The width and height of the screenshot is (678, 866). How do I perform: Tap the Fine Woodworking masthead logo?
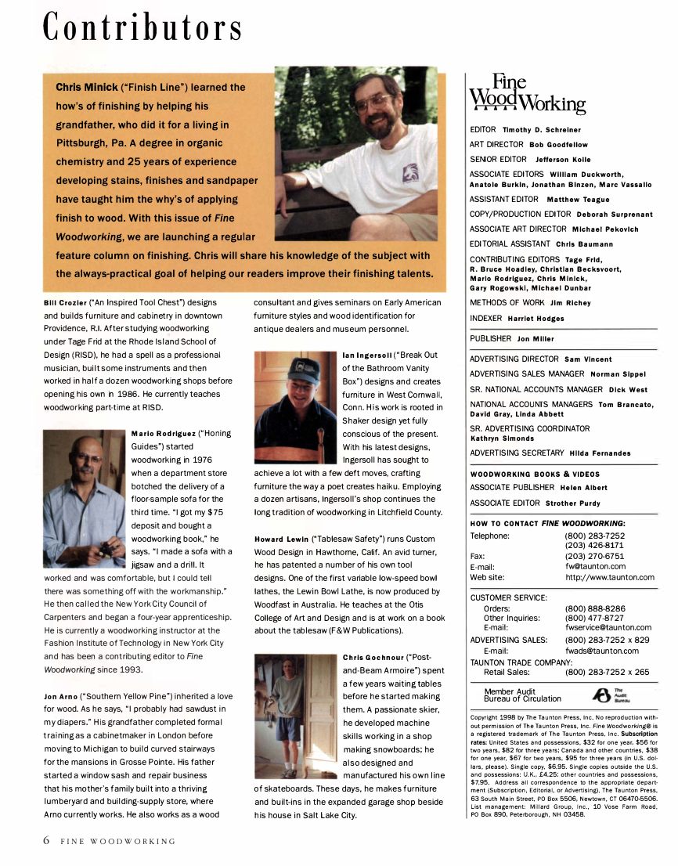(526, 95)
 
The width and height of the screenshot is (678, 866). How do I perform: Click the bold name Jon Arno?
(60, 696)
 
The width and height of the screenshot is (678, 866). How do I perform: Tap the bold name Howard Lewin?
(279, 539)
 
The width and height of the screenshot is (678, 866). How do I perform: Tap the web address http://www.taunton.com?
(610, 577)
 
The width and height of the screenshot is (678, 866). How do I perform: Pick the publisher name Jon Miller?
(535, 339)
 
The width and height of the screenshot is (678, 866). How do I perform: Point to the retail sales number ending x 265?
(607, 672)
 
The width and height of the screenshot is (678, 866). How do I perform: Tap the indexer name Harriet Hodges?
(536, 319)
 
